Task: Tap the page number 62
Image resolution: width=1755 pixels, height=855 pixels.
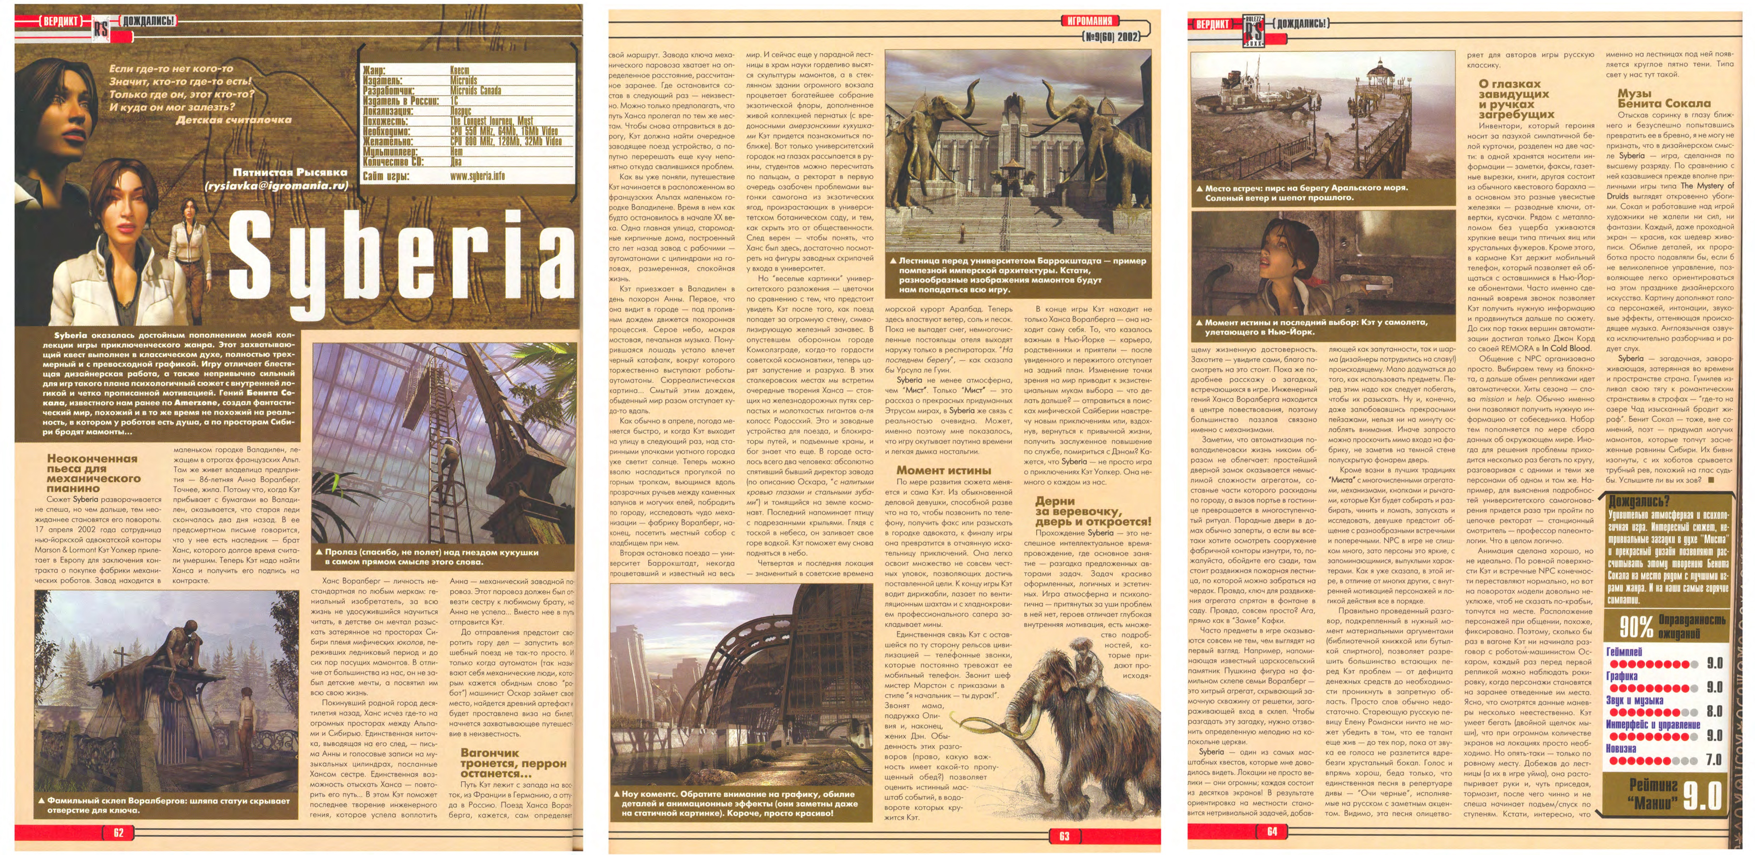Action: point(119,832)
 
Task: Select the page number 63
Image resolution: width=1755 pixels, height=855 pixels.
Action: point(1064,836)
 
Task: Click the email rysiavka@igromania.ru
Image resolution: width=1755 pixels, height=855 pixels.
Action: point(276,185)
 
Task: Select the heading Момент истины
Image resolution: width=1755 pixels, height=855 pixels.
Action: point(944,470)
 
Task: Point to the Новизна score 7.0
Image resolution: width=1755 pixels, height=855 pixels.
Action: point(1714,759)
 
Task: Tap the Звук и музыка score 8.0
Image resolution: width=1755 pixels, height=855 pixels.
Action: point(1714,711)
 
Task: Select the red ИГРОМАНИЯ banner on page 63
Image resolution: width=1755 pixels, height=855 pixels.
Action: point(1090,21)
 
